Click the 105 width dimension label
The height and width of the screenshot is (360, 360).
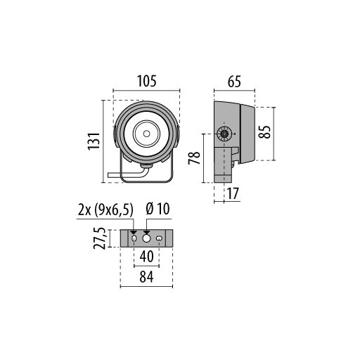tap(146, 81)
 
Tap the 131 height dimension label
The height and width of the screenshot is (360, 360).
tap(94, 141)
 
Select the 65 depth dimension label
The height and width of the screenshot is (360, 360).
tap(234, 82)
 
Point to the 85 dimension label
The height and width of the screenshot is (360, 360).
tap(265, 132)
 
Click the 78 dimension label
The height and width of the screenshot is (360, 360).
tap(195, 158)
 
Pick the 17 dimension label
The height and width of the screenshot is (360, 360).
tap(233, 193)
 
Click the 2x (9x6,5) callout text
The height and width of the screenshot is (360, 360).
tap(105, 210)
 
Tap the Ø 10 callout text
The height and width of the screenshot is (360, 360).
tap(157, 209)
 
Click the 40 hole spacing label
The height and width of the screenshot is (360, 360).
tap(146, 256)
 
